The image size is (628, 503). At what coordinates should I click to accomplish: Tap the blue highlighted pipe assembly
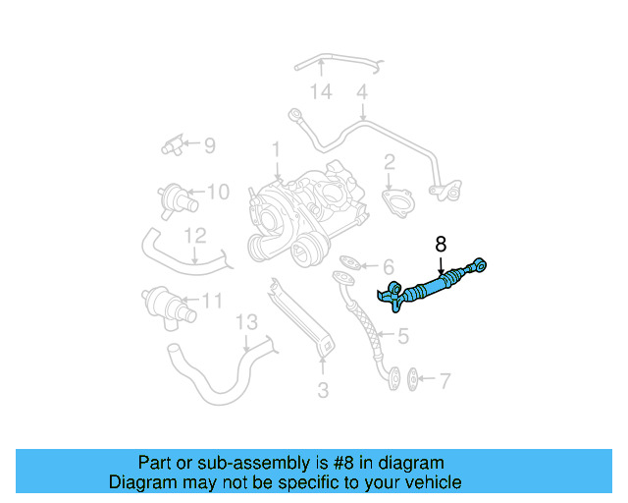click(432, 288)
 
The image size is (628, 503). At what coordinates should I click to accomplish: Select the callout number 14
click(322, 92)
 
